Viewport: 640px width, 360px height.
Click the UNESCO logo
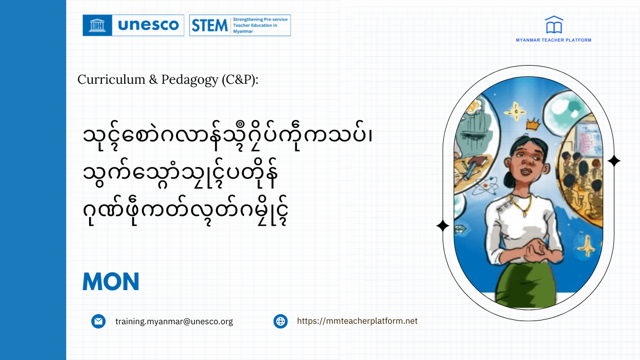(x=133, y=25)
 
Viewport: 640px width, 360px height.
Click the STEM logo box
(x=240, y=25)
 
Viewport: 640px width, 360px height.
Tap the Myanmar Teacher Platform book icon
(x=554, y=25)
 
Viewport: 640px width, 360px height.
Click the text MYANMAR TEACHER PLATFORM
(x=554, y=40)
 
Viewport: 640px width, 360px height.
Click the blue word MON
(x=111, y=282)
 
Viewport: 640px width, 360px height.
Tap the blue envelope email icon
(x=98, y=321)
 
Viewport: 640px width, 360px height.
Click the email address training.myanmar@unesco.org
(x=174, y=321)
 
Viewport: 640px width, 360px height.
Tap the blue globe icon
(x=281, y=321)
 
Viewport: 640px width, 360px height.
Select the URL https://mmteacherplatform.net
(x=357, y=321)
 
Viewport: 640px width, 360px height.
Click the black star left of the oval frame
(x=442, y=226)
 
